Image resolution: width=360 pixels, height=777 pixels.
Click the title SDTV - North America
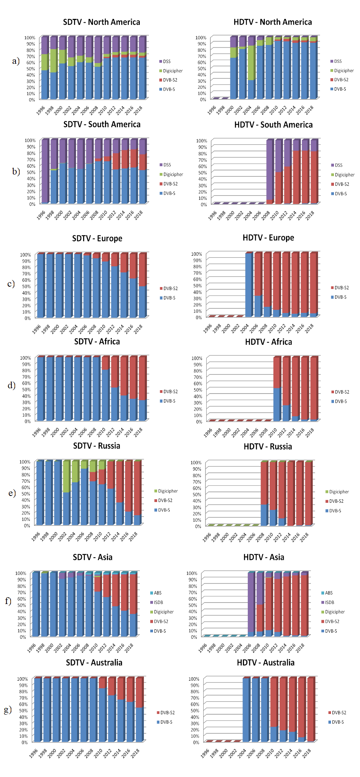click(101, 22)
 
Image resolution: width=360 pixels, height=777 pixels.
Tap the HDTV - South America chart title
click(273, 125)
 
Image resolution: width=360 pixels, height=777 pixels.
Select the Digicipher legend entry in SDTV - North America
click(173, 71)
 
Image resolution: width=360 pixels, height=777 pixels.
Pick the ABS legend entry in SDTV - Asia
click(157, 593)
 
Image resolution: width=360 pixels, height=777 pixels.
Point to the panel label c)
click(11, 284)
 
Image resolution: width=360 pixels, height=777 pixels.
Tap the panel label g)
click(8, 710)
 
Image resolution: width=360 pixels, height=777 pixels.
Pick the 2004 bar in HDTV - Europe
click(249, 285)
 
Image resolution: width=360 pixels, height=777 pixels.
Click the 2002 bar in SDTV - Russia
click(66, 493)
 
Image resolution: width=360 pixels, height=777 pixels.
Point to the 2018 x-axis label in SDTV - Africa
click(139, 432)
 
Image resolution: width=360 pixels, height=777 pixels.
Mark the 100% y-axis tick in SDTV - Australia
click(22, 679)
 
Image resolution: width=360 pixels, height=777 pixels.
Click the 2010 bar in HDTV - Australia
click(274, 710)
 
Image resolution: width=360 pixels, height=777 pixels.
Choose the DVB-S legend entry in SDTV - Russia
click(164, 510)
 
